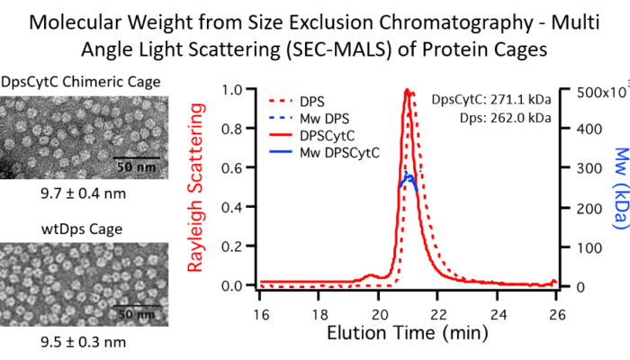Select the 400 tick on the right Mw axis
click(x=580, y=129)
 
